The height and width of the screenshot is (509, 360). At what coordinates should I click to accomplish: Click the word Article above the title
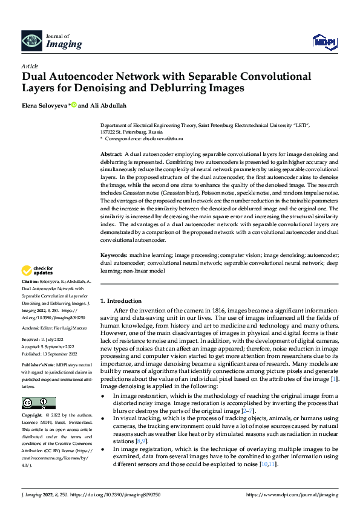[x=30, y=66]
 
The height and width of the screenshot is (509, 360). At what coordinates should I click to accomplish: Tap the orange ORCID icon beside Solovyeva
[x=74, y=105]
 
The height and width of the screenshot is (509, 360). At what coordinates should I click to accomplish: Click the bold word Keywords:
[x=113, y=256]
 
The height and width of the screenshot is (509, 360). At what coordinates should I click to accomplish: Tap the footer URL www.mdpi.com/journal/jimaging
[x=293, y=494]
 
